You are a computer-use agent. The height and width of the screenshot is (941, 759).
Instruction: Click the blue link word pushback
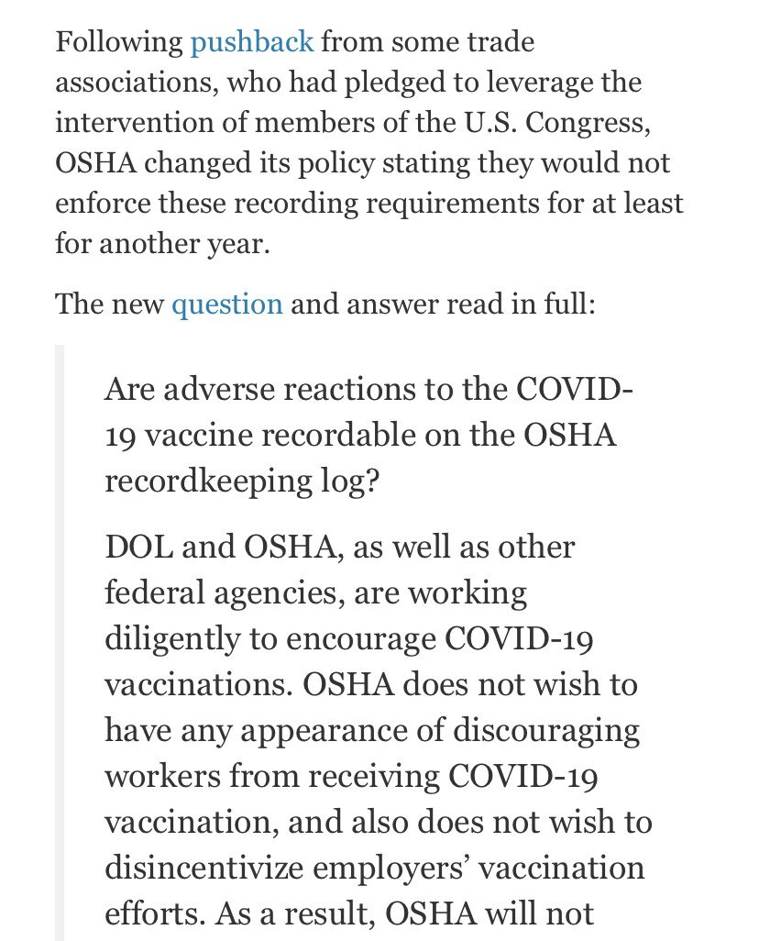[x=252, y=42]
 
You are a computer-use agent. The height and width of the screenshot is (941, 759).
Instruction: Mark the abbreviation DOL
[x=140, y=548]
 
